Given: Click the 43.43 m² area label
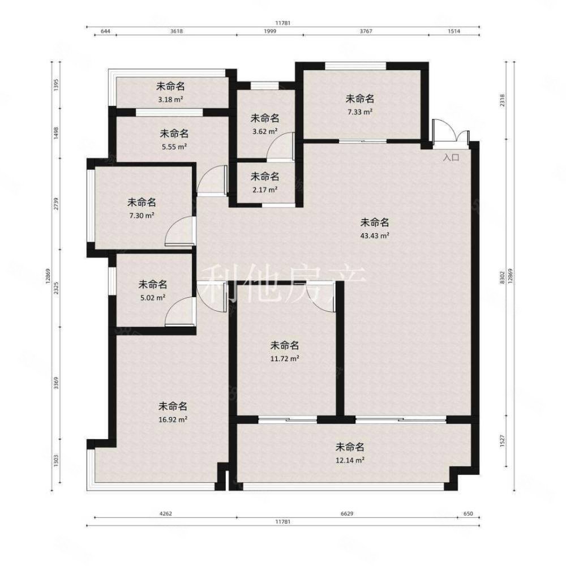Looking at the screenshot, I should coord(376,235).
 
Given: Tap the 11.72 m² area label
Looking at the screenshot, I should coord(285,358).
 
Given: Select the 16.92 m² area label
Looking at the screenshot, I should coord(173,419).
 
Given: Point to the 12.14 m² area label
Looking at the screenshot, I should coord(349,460).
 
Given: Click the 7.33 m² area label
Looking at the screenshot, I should coord(360,112).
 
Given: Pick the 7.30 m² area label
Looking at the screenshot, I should coord(141,215).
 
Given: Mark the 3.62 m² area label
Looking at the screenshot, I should coord(265,131).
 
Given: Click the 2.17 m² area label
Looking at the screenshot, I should coord(265,189).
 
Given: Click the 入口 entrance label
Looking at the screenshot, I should coord(451,158).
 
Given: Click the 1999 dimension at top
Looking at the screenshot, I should coord(269,32).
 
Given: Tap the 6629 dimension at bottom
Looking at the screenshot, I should coord(348,514).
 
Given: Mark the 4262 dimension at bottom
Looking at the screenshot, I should coord(165,514).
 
